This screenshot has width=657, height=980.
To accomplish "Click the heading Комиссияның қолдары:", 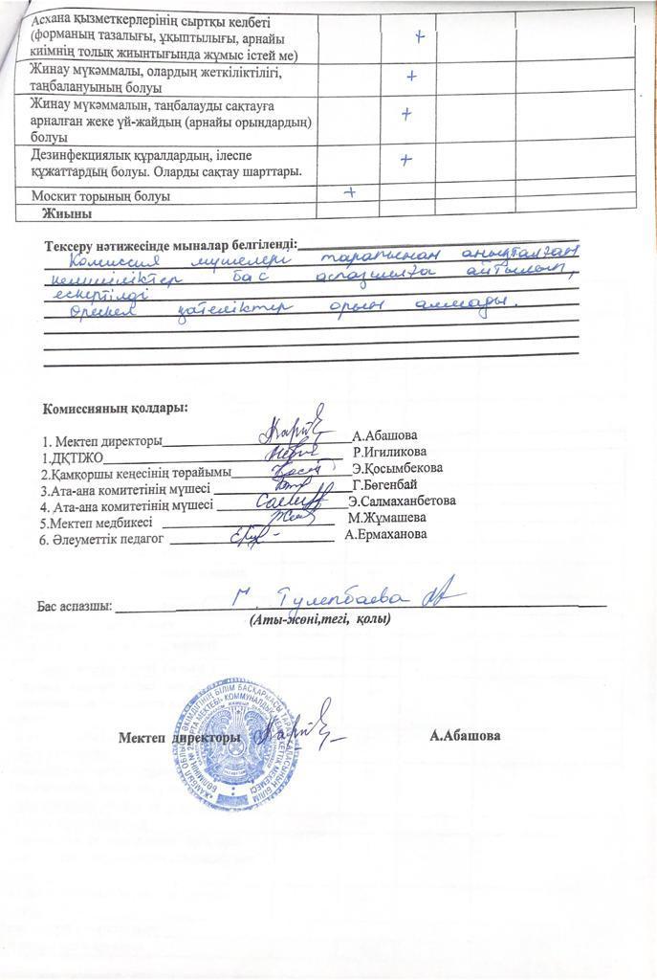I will click(115, 408).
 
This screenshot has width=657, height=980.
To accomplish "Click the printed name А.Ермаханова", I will click(385, 534).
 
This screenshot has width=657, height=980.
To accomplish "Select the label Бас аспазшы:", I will click(75, 606).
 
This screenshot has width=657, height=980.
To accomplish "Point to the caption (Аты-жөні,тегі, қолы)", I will click(319, 620).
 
